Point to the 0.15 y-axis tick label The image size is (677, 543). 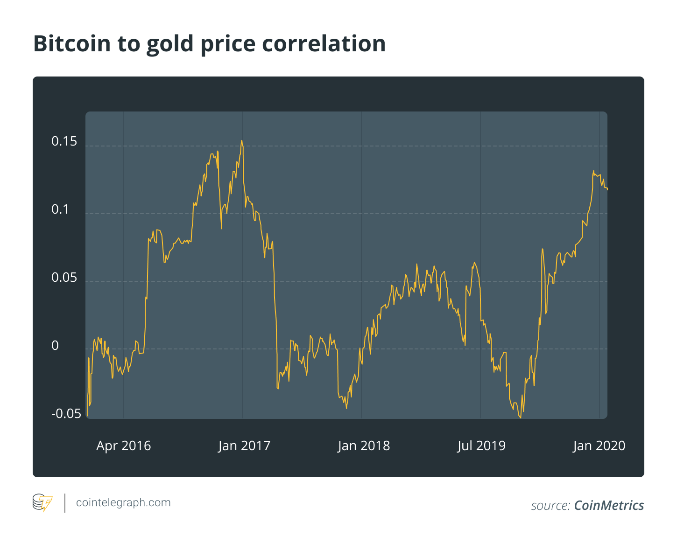64,142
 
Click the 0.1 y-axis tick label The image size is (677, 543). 60,209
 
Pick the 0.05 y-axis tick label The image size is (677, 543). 64,278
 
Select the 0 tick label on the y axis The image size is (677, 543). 55,346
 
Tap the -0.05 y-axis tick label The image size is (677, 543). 66,414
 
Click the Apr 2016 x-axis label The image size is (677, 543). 124,446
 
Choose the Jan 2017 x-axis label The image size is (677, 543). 244,446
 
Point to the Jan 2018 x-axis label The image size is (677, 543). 364,446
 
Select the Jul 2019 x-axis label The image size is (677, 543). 481,446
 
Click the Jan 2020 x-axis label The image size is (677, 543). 599,446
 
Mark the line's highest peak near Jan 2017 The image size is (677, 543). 241,140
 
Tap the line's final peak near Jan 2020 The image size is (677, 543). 594,171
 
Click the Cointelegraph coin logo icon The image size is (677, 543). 42,503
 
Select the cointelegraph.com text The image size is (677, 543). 123,503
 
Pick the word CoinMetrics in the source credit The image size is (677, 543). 609,506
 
